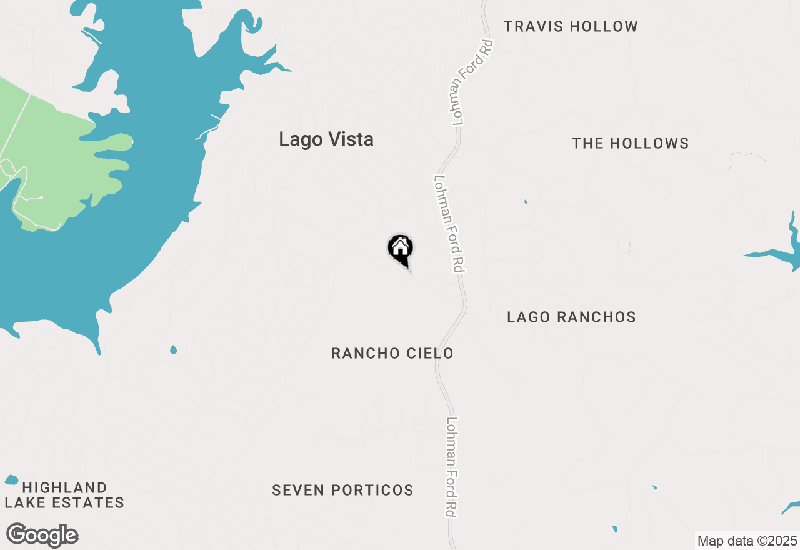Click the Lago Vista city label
(326, 139)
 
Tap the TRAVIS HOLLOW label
(571, 27)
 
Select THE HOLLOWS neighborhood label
(630, 144)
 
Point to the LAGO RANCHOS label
(571, 317)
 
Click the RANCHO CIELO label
(392, 354)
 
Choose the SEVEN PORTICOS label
(342, 491)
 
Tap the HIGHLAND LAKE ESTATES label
(64, 495)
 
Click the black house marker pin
(401, 249)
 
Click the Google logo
(42, 536)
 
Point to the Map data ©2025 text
(747, 541)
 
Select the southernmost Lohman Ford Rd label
(451, 467)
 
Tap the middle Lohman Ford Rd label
(449, 223)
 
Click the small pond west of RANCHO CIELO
(173, 349)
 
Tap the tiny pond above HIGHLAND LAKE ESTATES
(11, 480)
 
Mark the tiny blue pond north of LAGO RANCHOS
(525, 202)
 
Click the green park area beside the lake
(50, 156)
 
